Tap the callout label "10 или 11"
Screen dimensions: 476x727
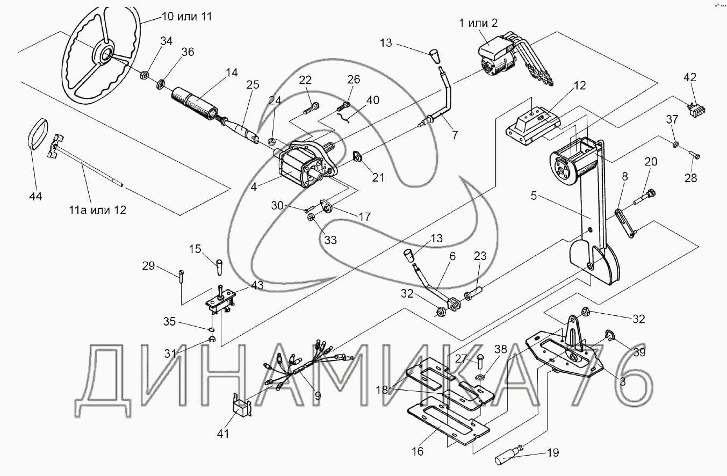tap(186, 17)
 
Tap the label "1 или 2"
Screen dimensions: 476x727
tap(478, 23)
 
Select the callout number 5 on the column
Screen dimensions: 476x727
tap(534, 196)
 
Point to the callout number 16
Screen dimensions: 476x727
tap(417, 451)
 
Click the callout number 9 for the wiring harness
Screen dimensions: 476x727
tap(317, 396)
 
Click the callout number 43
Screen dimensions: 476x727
tap(257, 286)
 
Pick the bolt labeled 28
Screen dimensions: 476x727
tap(693, 155)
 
